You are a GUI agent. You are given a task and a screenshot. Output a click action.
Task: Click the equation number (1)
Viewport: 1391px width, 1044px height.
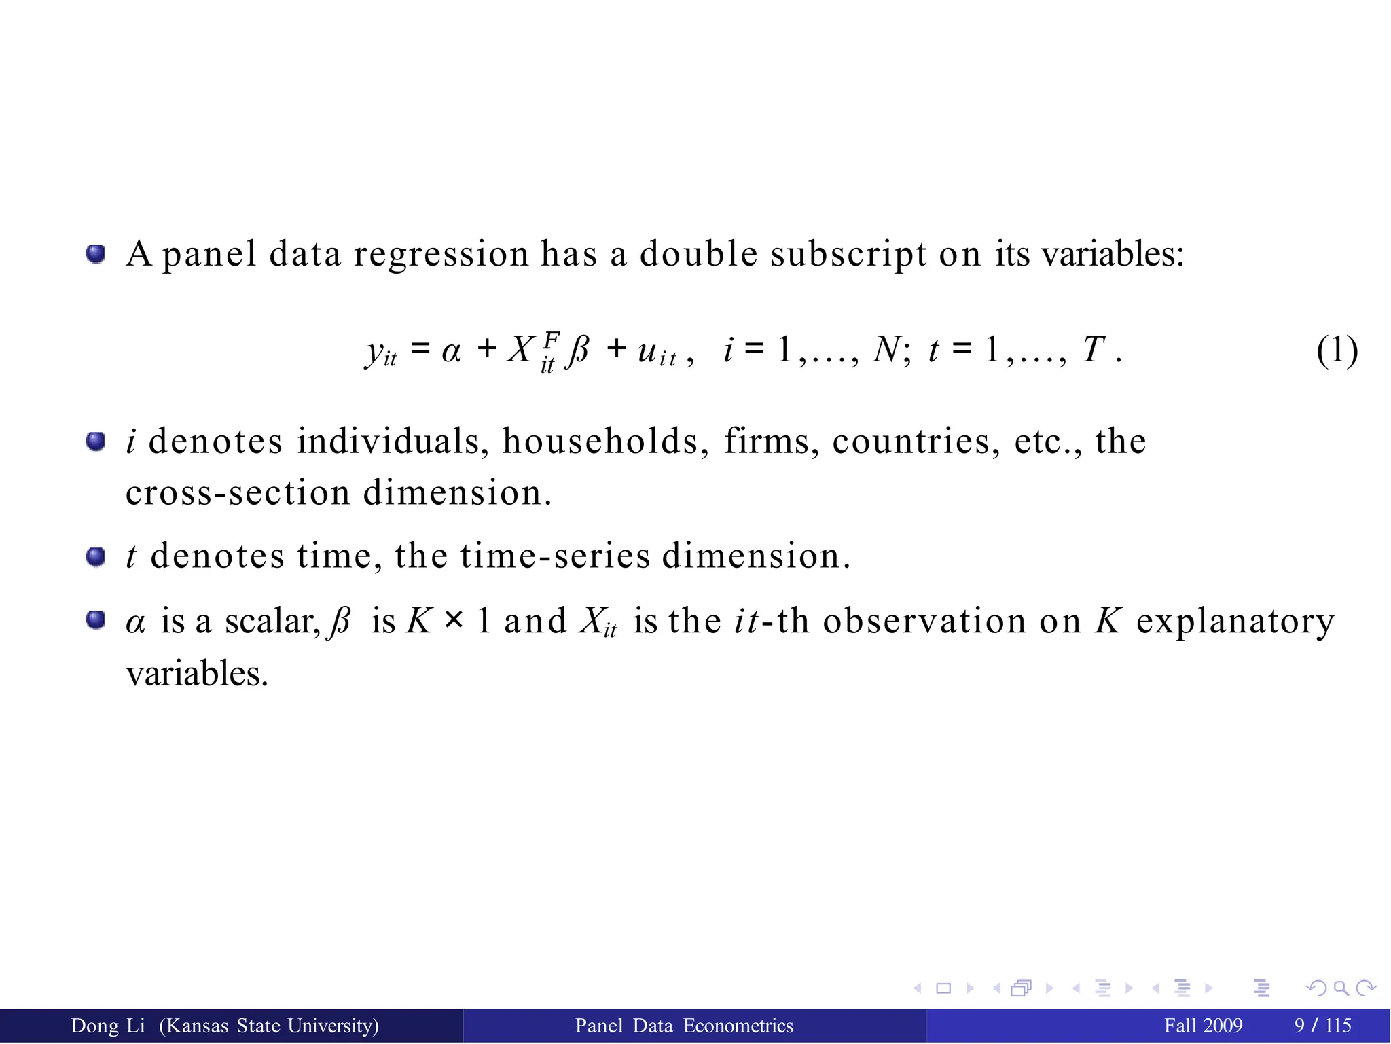[x=1337, y=350]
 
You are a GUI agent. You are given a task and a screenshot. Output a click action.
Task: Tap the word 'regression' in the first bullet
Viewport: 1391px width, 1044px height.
[x=441, y=255]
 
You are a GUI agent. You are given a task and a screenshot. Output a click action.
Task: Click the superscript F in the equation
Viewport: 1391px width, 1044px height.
[x=552, y=339]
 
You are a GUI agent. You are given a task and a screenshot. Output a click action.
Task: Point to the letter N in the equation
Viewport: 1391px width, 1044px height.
[x=886, y=350]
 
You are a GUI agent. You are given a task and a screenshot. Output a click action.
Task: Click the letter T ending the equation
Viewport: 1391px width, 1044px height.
[x=1094, y=350]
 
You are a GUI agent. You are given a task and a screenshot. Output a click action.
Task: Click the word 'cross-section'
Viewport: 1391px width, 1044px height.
[x=238, y=493]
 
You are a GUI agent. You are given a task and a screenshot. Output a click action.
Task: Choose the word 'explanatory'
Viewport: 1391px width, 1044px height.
[x=1235, y=622]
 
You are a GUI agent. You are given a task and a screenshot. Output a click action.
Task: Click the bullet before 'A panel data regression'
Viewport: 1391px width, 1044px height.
[x=96, y=255]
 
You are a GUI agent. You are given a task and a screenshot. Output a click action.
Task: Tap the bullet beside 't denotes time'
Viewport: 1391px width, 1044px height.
[x=96, y=558]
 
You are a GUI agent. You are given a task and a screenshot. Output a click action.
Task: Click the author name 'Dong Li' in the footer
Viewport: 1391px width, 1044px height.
[x=108, y=1026]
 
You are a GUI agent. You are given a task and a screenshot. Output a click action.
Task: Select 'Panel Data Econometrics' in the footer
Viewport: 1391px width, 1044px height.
[x=684, y=1026]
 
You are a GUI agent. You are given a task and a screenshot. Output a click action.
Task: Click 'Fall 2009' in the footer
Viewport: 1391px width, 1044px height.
[x=1203, y=1026]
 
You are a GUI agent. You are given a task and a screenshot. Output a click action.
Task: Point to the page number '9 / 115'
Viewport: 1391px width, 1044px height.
[x=1322, y=1026]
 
